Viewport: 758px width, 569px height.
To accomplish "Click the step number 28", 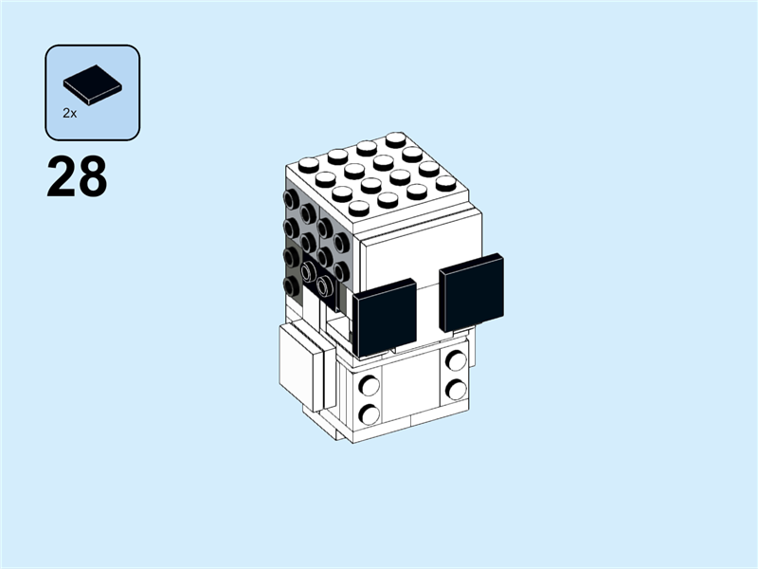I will (76, 178).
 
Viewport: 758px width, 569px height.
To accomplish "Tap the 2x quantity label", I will (70, 113).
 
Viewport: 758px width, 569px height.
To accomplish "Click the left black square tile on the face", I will (385, 318).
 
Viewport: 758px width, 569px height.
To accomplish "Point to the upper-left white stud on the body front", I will (369, 386).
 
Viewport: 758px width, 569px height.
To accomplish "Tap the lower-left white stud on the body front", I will (369, 413).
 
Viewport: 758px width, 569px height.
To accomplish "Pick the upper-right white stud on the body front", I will (456, 360).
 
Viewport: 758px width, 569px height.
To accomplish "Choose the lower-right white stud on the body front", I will (456, 389).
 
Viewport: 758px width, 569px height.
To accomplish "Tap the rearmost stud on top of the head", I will (395, 139).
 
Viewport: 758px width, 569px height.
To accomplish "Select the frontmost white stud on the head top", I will (359, 208).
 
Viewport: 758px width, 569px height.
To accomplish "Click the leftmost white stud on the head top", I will (308, 164).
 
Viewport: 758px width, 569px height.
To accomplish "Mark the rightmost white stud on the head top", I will (446, 183).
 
